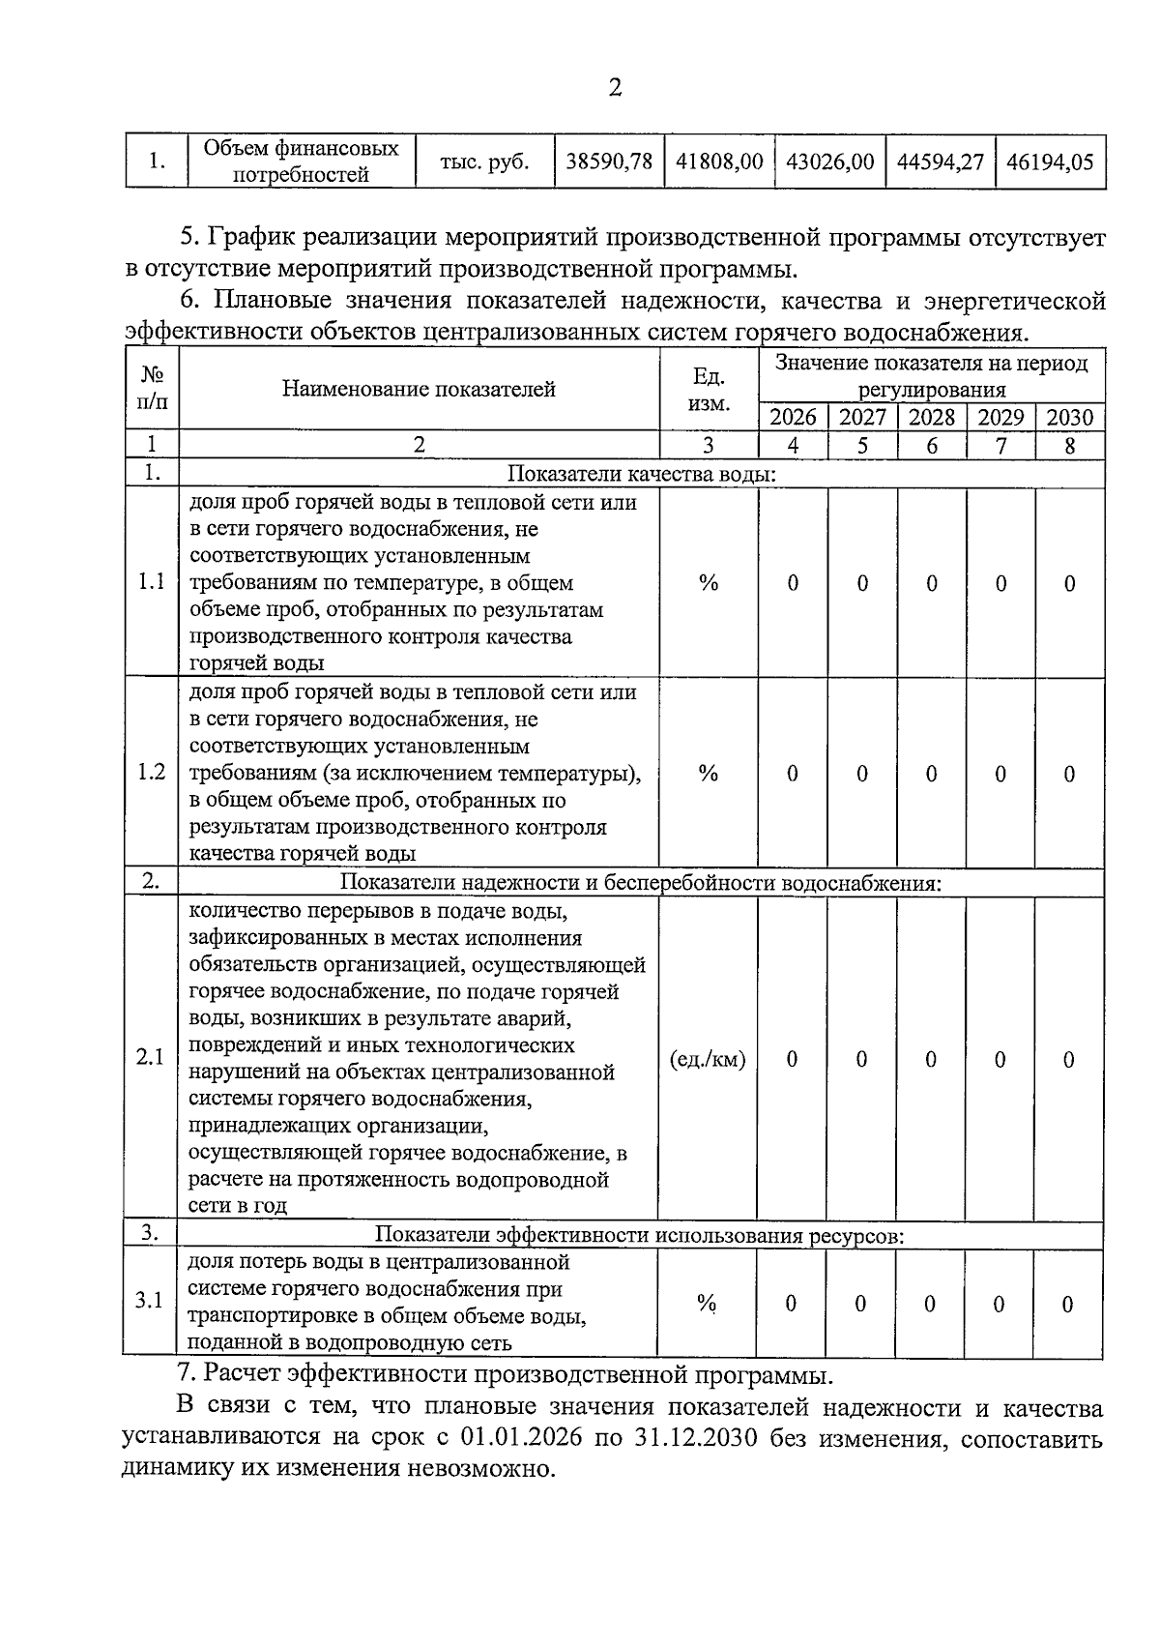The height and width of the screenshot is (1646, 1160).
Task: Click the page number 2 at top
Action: click(x=615, y=88)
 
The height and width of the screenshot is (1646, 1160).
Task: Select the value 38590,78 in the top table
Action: click(x=609, y=162)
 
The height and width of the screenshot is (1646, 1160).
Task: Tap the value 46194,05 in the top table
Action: click(x=1050, y=162)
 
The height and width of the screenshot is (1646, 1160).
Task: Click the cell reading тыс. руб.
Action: click(x=484, y=162)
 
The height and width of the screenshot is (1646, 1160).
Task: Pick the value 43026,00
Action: click(x=829, y=162)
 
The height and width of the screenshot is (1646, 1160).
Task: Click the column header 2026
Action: click(x=793, y=418)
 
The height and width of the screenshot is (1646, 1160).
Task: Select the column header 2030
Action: click(x=1070, y=418)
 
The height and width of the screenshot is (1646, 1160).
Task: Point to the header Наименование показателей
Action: click(x=419, y=389)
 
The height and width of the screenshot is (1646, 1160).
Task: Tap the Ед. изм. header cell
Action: click(x=709, y=389)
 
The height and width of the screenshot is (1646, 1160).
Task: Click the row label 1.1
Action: click(x=152, y=582)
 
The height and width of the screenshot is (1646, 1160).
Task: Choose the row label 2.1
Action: click(x=151, y=1058)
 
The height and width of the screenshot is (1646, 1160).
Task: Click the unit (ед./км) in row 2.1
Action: click(x=708, y=1059)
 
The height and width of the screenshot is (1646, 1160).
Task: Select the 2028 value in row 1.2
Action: click(x=932, y=774)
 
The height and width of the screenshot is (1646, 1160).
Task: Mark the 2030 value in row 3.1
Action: click(x=1068, y=1304)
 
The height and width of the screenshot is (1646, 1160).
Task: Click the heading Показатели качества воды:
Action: click(x=642, y=474)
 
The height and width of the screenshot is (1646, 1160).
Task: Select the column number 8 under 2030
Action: click(x=1070, y=446)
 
